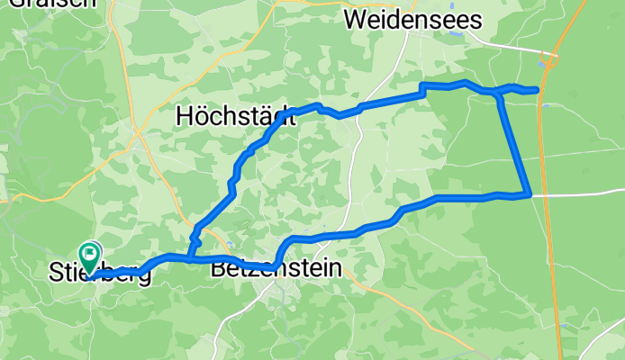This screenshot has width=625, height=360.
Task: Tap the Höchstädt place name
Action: pos(236,116)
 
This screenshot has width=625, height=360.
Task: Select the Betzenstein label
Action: pos(276,267)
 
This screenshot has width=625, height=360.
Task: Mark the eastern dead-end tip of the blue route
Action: pos(537,89)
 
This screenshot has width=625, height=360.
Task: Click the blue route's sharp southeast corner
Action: pos(529,194)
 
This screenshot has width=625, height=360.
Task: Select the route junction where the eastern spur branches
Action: pos(498,94)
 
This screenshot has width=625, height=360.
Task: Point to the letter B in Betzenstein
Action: pos(218,267)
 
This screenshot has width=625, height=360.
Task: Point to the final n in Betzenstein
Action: pos(336,267)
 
